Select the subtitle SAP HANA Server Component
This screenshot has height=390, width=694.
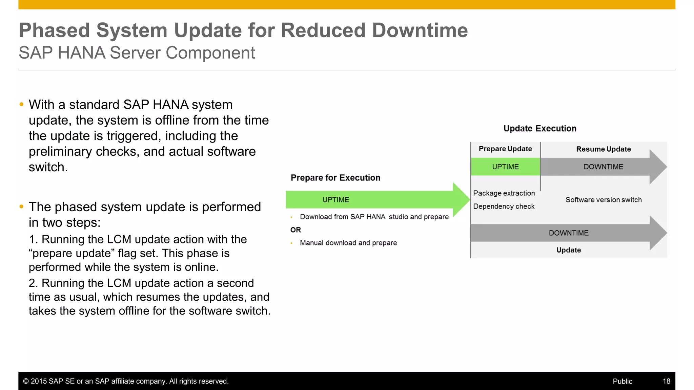tap(137, 53)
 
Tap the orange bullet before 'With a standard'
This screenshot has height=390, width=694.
tap(22, 105)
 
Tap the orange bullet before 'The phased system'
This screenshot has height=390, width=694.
tap(22, 207)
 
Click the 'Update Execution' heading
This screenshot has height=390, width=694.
tap(539, 129)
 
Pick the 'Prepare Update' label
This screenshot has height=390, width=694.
tap(505, 149)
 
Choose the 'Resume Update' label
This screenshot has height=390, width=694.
tap(603, 149)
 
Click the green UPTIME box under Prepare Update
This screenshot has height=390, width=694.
tap(505, 167)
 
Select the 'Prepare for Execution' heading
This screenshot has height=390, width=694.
tap(335, 178)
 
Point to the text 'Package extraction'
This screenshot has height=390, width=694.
tap(504, 193)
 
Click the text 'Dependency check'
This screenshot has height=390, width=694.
tap(504, 207)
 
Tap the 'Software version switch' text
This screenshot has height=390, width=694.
tap(603, 200)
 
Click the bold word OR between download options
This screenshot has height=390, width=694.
tap(295, 230)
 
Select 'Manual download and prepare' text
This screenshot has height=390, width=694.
tap(348, 243)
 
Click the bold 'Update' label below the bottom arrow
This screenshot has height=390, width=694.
tap(568, 250)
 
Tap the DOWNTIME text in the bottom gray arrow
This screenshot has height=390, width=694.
tap(568, 233)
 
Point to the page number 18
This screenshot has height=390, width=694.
tap(666, 381)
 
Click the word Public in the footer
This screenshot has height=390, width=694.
tap(622, 381)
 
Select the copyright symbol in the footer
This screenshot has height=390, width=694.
tap(26, 381)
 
